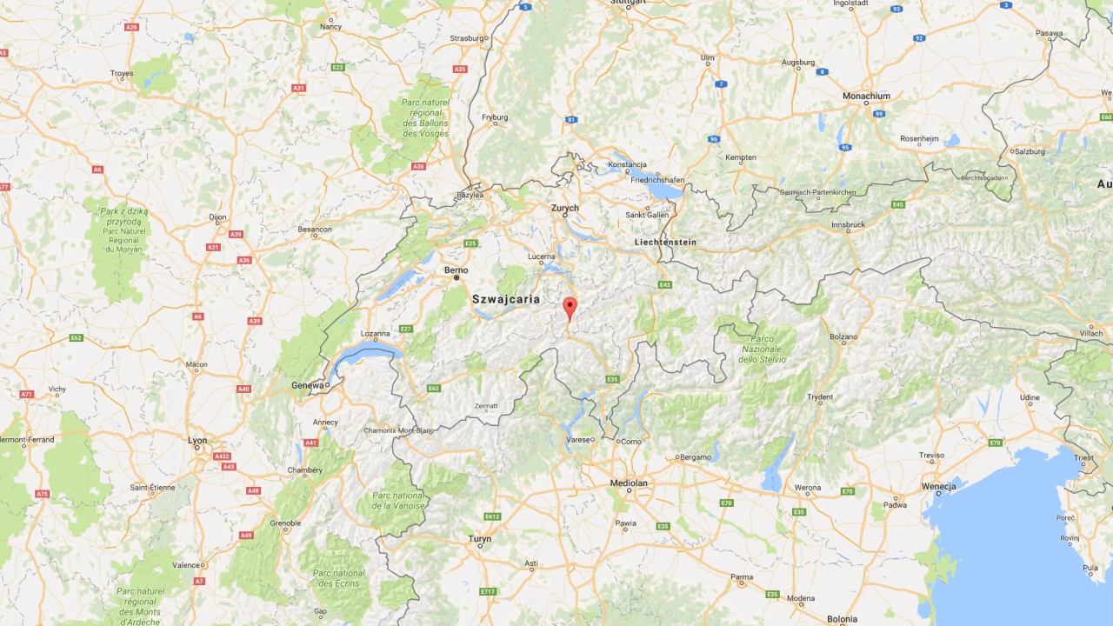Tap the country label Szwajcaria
[505, 299]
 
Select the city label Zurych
[564, 209]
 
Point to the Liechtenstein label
[665, 242]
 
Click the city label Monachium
[866, 97]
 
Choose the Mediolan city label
[629, 483]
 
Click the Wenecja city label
[938, 487]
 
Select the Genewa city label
[308, 385]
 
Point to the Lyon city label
[197, 440]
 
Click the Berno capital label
[457, 270]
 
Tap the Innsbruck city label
[848, 224]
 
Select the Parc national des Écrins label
[338, 578]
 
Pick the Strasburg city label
[467, 38]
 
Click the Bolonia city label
[842, 619]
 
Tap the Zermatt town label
[485, 406]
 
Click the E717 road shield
[488, 592]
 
